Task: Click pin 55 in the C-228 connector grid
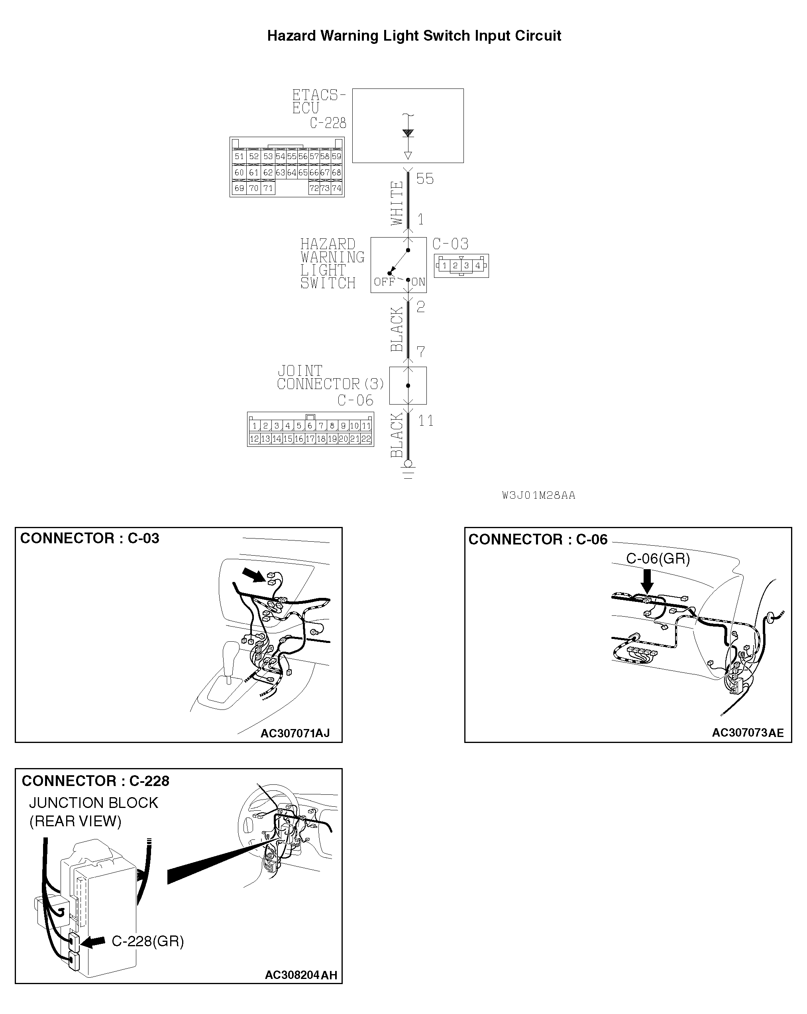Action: (x=292, y=157)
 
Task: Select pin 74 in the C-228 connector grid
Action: (x=336, y=188)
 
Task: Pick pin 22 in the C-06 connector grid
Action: (x=366, y=439)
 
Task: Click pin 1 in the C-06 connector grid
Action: (x=254, y=426)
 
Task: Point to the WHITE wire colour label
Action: (x=397, y=204)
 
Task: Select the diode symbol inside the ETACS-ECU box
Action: (x=408, y=134)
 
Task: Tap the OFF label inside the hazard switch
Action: (x=384, y=282)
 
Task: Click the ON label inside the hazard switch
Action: (x=418, y=282)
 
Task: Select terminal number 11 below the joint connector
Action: (x=425, y=421)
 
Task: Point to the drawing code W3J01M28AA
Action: (x=538, y=496)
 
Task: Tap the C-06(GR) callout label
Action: (x=658, y=559)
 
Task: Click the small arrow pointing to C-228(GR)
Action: (x=94, y=941)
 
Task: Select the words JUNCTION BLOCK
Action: (x=94, y=803)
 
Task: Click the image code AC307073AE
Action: (x=747, y=733)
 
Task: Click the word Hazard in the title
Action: (x=291, y=36)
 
